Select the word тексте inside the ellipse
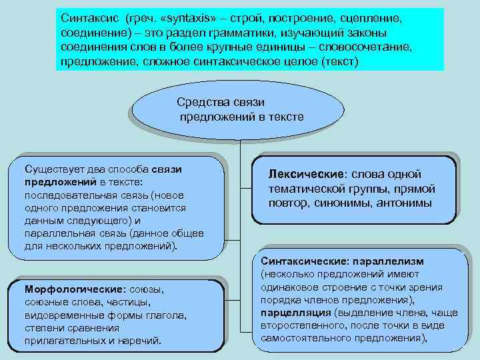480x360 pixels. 285,117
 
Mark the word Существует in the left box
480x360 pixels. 55,169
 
